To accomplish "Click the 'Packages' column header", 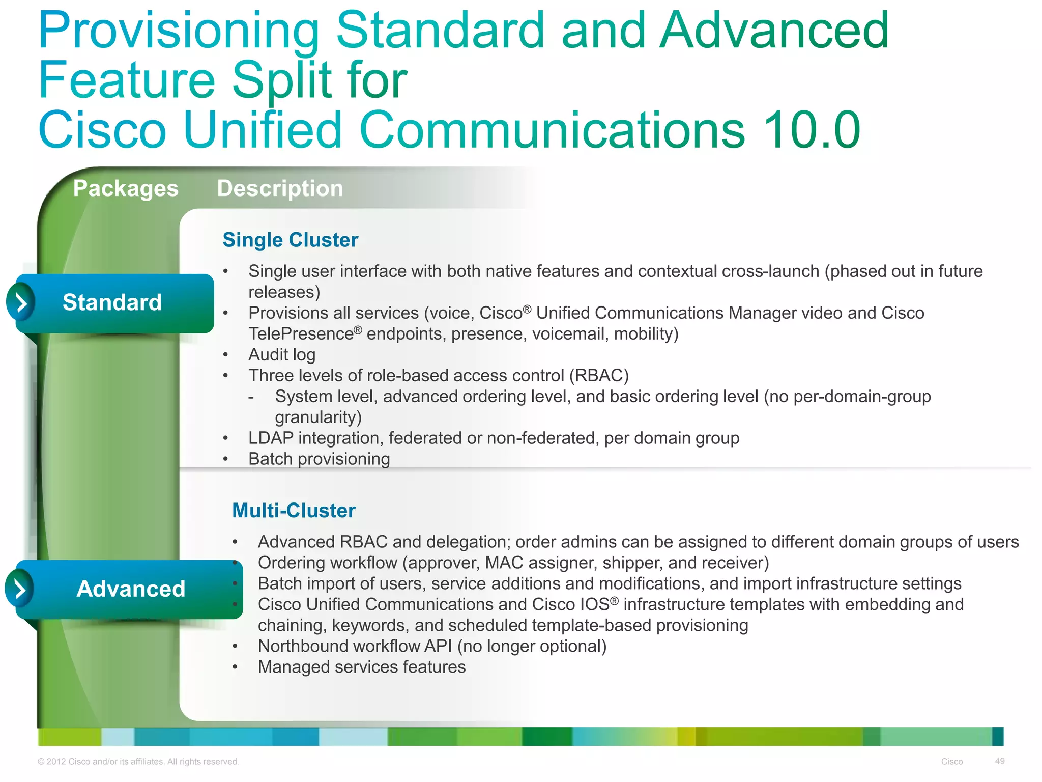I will coord(126,188).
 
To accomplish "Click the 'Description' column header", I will coord(280,188).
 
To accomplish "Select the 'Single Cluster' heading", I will coord(290,240).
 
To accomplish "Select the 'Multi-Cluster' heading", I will coord(294,511).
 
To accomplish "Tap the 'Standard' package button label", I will coord(112,302).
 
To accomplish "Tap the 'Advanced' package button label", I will coord(131,589).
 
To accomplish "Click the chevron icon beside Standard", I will coord(21,303).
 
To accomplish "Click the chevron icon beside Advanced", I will coord(20,589).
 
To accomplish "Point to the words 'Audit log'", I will coord(281,355).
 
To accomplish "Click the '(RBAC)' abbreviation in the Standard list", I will coord(598,376).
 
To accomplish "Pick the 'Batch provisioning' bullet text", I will coord(319,459).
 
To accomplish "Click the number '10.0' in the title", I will coord(811,130).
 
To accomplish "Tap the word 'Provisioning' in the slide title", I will coord(178,32).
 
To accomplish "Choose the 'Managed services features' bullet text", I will coord(361,667).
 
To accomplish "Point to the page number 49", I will coord(999,761).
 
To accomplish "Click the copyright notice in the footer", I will coord(138,762).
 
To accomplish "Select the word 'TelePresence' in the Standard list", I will coord(301,334).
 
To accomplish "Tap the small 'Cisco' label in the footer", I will coord(951,762).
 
